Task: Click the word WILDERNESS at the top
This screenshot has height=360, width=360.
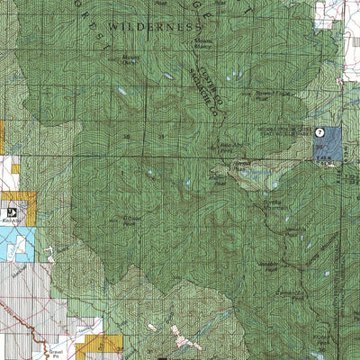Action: click(163, 29)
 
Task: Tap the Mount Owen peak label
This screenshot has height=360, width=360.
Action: click(130, 61)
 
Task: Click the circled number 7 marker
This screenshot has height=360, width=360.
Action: click(319, 131)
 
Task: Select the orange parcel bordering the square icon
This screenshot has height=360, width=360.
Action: click(30, 208)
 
